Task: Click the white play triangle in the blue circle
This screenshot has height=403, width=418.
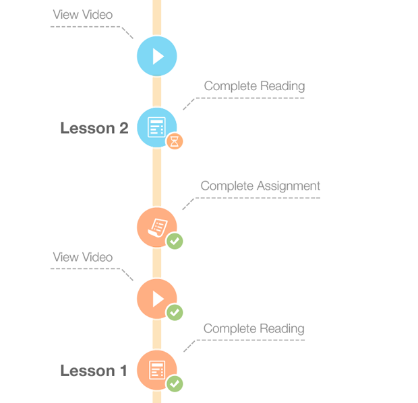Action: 158,56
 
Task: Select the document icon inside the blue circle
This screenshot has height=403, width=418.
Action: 156,126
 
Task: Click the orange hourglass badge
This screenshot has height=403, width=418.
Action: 175,141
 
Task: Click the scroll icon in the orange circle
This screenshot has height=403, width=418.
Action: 158,227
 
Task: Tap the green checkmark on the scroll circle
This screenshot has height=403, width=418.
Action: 175,241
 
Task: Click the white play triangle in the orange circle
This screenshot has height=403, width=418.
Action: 158,298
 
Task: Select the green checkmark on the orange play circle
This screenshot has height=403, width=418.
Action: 175,312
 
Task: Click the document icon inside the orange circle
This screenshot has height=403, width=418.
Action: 157,369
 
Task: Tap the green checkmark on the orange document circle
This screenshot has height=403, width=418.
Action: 175,383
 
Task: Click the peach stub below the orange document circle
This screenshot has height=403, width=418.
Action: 156,400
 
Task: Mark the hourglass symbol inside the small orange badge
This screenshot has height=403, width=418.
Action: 175,141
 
